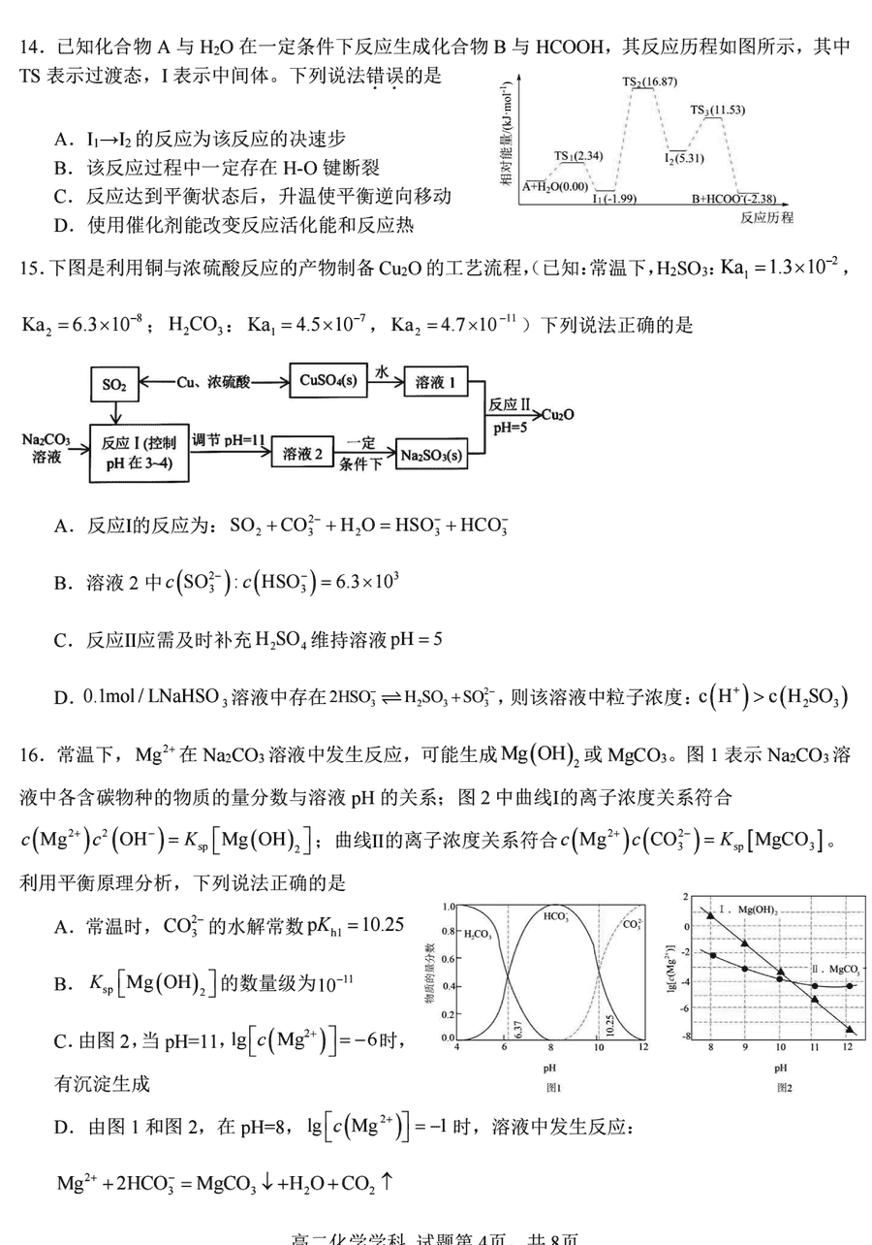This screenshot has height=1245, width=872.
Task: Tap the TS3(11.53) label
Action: (x=718, y=110)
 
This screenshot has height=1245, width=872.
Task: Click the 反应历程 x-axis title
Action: (x=766, y=218)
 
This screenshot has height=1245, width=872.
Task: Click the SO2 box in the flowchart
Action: (x=113, y=384)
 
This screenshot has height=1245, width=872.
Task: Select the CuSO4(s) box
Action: (x=329, y=381)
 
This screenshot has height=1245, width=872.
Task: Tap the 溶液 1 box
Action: (x=435, y=381)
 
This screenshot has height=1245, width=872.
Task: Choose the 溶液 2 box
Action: (x=302, y=453)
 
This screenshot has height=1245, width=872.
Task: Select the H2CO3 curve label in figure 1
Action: (x=478, y=934)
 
